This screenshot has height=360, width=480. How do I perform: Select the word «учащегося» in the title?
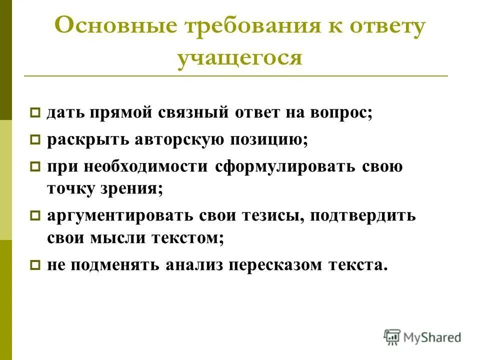point(240,58)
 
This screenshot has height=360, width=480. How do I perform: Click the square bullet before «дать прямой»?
point(35,113)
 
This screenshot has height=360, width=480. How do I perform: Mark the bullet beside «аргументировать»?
point(35,216)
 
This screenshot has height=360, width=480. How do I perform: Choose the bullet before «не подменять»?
point(35,266)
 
